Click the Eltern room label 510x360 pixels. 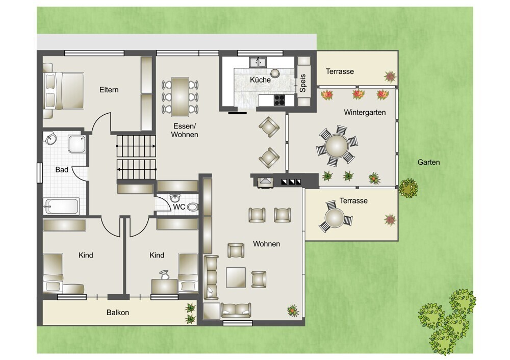109,90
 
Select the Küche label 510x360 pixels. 260,80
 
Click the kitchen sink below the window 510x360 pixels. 258,62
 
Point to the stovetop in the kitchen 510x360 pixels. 279,100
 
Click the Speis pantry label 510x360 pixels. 303,83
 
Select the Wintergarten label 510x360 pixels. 365,113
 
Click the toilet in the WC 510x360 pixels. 193,207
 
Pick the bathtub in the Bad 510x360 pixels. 62,206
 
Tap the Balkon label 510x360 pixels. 118,313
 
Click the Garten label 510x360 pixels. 429,162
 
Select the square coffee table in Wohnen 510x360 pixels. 236,277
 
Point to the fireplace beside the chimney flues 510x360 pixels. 266,183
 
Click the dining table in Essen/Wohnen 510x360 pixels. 180,97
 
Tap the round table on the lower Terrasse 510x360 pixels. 335,218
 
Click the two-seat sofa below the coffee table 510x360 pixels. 236,310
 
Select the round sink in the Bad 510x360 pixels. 50,139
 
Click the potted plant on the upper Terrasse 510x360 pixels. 390,77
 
